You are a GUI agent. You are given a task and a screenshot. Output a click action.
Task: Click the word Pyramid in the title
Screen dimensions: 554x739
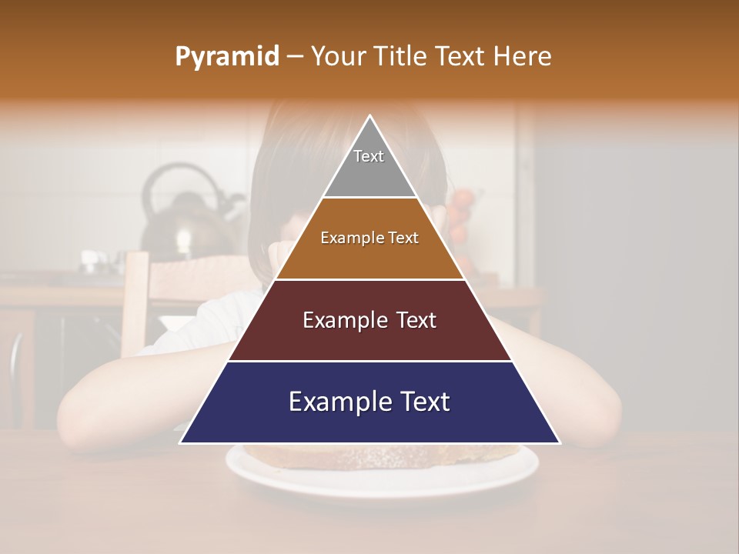pyautogui.click(x=226, y=57)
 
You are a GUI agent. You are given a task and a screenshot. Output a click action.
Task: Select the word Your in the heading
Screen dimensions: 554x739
pyautogui.click(x=338, y=56)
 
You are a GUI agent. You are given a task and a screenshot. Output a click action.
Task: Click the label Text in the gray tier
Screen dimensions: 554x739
pyautogui.click(x=369, y=156)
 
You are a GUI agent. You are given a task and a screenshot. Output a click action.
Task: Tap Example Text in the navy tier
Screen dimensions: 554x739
pyautogui.click(x=369, y=402)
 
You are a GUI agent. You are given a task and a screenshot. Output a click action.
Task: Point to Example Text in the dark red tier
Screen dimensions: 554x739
pyautogui.click(x=369, y=320)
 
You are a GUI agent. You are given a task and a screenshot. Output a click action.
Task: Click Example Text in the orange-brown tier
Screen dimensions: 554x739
pyautogui.click(x=369, y=238)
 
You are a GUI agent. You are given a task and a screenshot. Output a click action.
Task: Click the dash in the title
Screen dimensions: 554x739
pyautogui.click(x=295, y=57)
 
